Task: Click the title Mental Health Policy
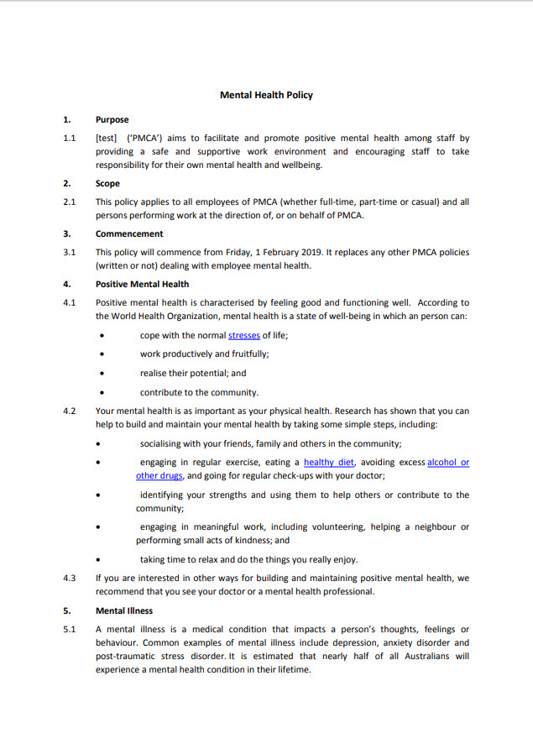click(x=266, y=95)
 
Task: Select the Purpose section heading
click(x=112, y=120)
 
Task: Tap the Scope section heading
click(x=107, y=183)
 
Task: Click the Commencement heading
click(x=129, y=233)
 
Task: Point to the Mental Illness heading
click(x=124, y=611)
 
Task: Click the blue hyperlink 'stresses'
click(x=243, y=335)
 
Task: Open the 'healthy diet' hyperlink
click(x=330, y=462)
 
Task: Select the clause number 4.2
click(x=70, y=411)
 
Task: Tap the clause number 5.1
click(x=70, y=629)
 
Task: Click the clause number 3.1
click(x=70, y=252)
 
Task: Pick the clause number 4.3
click(x=70, y=578)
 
